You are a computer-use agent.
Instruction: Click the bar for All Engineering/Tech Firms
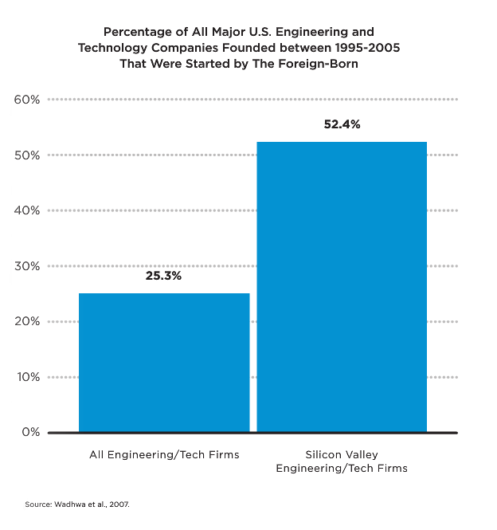[164, 363]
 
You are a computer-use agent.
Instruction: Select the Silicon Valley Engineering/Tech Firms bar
[342, 287]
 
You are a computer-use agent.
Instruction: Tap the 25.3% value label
[163, 276]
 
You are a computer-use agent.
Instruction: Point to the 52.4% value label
[342, 124]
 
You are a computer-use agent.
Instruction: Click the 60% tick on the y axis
[27, 100]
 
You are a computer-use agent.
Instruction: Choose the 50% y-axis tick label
[27, 155]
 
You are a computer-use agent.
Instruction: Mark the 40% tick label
[27, 210]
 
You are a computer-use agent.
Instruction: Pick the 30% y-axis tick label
[27, 266]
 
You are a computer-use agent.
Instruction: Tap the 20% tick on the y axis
[27, 321]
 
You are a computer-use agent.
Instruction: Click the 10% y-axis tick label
[27, 377]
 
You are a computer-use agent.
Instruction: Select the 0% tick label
[30, 432]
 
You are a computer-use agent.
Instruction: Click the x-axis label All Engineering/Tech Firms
[164, 454]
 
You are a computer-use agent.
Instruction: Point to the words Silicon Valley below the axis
[342, 454]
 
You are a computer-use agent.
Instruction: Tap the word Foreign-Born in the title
[322, 64]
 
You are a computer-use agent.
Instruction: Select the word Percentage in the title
[136, 33]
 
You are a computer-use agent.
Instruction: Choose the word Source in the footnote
[37, 504]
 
